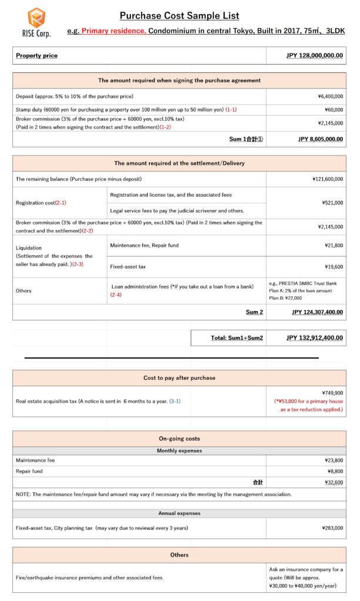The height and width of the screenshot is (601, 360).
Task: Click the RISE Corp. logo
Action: tap(36, 22)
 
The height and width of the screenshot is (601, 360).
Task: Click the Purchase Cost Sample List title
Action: tap(179, 16)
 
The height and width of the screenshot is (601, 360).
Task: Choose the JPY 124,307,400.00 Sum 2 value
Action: tap(317, 312)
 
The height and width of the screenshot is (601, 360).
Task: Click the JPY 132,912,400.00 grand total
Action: tap(314, 338)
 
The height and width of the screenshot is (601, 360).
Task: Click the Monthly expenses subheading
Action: tap(179, 451)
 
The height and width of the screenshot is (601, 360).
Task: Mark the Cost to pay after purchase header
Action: tap(179, 378)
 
